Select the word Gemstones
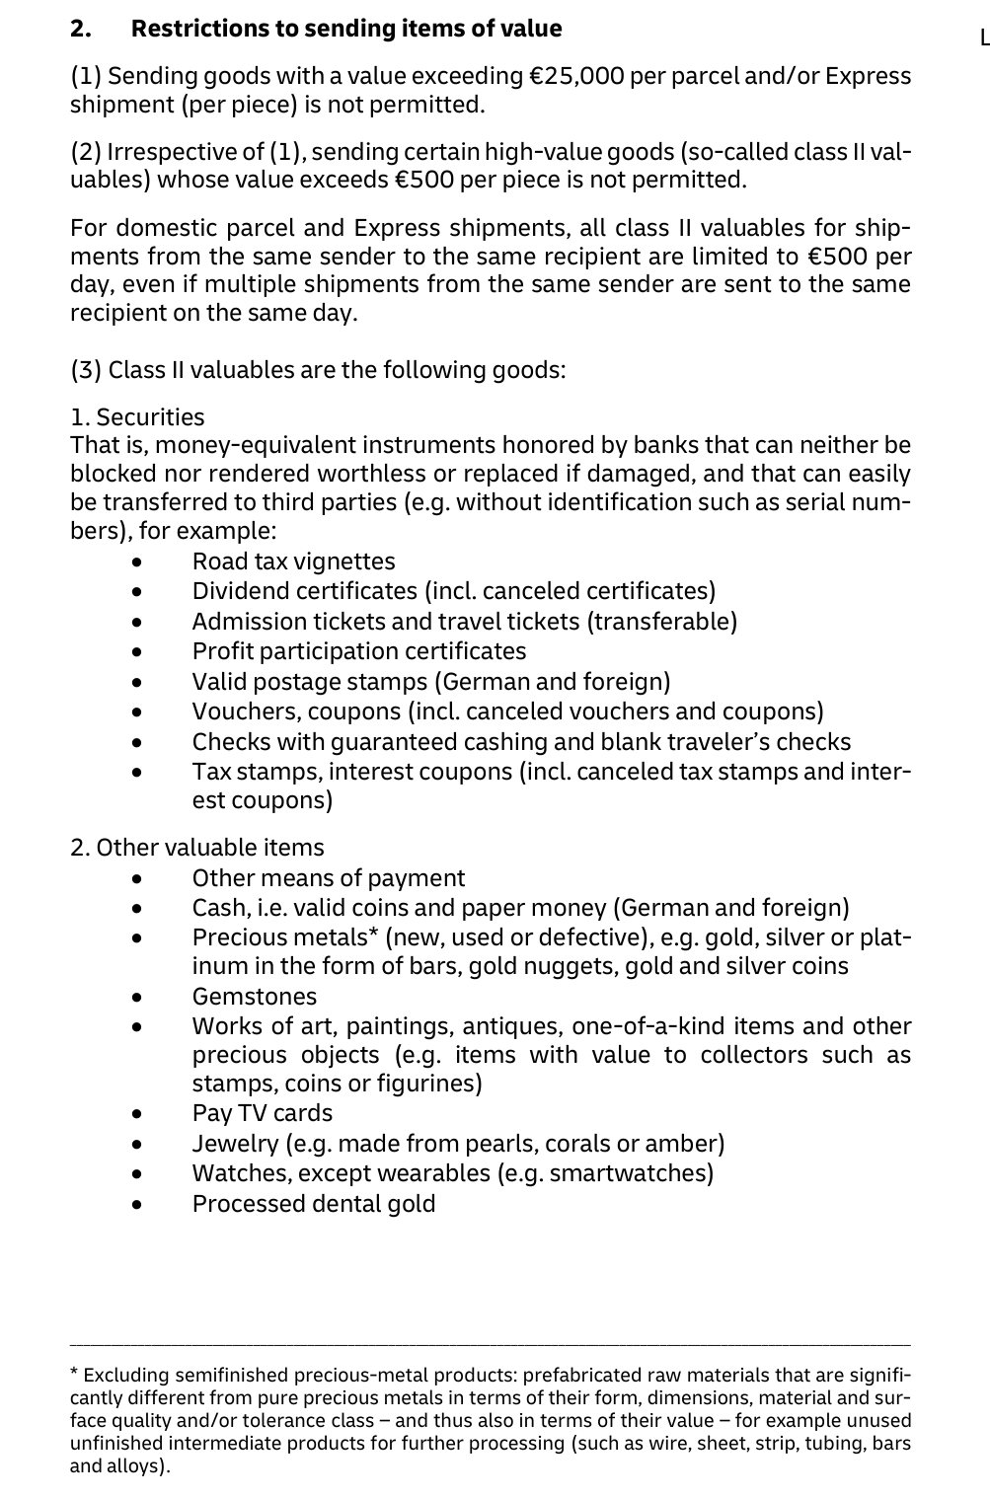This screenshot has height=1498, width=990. (255, 997)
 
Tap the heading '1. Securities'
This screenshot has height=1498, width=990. (137, 417)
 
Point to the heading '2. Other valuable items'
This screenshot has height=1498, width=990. (197, 848)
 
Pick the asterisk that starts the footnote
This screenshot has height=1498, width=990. (74, 1373)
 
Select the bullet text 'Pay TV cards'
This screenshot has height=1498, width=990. (263, 1113)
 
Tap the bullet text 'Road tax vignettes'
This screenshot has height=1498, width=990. (293, 562)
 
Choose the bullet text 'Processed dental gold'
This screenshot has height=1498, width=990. (314, 1204)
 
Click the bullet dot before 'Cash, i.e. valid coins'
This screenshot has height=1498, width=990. (138, 908)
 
